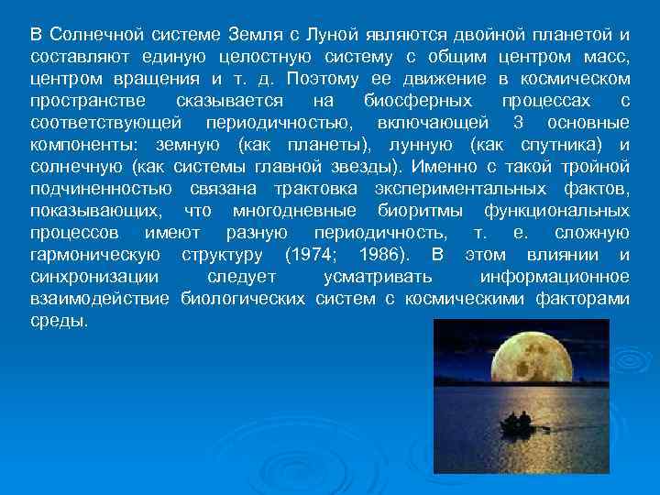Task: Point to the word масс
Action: tap(606, 57)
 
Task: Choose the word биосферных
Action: tap(418, 101)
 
